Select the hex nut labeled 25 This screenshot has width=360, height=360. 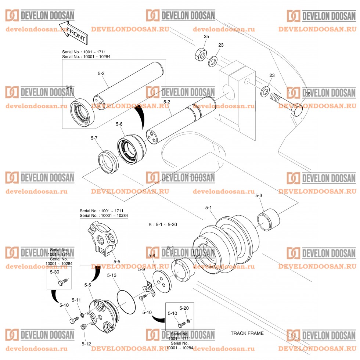(x=199, y=54)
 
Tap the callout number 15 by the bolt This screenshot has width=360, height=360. (x=308, y=94)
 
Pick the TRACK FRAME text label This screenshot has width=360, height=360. (x=247, y=334)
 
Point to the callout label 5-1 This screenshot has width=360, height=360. (x=208, y=208)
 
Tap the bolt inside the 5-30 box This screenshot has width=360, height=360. (x=62, y=282)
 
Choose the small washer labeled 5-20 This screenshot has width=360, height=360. (x=188, y=321)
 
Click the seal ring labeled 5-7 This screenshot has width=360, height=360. (x=108, y=162)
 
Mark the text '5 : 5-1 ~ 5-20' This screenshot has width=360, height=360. (x=163, y=224)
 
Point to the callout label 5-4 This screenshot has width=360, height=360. (x=170, y=248)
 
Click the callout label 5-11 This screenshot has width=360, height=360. (x=76, y=300)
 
